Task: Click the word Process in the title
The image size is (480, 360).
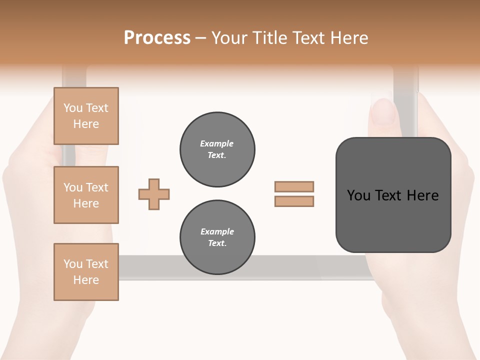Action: (x=157, y=38)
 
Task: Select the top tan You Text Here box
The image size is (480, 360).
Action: (x=86, y=116)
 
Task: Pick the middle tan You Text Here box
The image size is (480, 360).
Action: (x=86, y=195)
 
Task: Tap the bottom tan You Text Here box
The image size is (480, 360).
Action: (x=86, y=272)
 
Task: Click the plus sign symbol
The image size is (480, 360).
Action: (x=154, y=194)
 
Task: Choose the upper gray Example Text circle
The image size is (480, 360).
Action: (x=217, y=149)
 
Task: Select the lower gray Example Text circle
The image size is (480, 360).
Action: (x=217, y=237)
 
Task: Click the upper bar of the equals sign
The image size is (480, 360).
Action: (x=294, y=187)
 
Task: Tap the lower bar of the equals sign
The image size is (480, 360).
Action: (x=294, y=201)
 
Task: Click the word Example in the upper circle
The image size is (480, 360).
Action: (x=217, y=143)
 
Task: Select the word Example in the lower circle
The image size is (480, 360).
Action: (x=217, y=231)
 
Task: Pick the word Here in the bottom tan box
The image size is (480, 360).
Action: (x=86, y=280)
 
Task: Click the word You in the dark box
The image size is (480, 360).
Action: (x=359, y=195)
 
